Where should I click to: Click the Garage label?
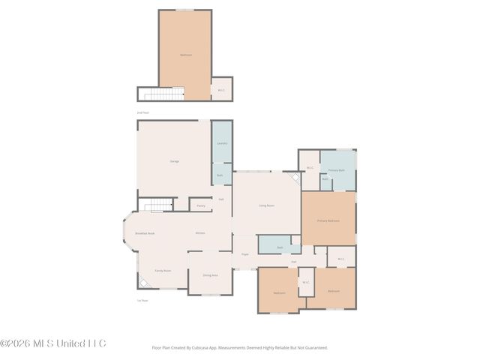pyautogui.click(x=174, y=161)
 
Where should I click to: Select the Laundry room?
pyautogui.click(x=221, y=142)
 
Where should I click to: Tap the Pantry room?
pyautogui.click(x=201, y=205)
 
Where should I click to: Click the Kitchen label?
pyautogui.click(x=200, y=233)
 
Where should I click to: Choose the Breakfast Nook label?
pyautogui.click(x=145, y=233)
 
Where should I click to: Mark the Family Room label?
pyautogui.click(x=163, y=270)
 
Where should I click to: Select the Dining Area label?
pyautogui.click(x=210, y=275)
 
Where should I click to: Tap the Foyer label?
pyautogui.click(x=244, y=255)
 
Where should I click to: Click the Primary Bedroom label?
pyautogui.click(x=328, y=220)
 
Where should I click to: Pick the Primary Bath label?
pyautogui.click(x=336, y=170)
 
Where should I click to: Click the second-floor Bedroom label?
pyautogui.click(x=185, y=55)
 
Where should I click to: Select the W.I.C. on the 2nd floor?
pyautogui.click(x=221, y=91)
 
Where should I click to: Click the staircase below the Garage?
pyautogui.click(x=158, y=205)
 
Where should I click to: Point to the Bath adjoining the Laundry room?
pyautogui.click(x=220, y=175)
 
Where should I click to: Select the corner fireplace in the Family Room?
pyautogui.click(x=142, y=281)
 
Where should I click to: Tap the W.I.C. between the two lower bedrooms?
pyautogui.click(x=305, y=283)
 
